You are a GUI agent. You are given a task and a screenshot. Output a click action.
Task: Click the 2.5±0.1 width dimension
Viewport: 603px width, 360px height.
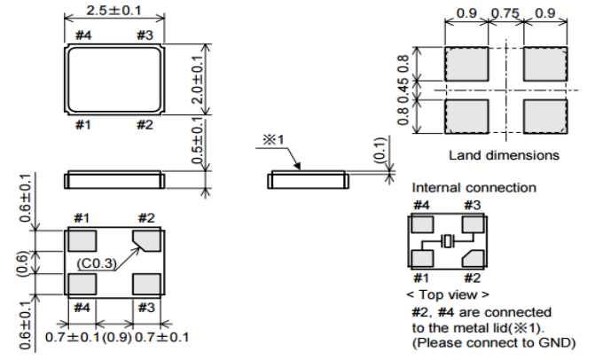(x=114, y=10)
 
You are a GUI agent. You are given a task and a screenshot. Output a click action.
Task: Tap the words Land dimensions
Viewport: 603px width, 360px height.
(x=503, y=154)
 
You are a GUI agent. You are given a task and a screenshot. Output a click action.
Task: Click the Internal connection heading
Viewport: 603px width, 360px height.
(x=474, y=187)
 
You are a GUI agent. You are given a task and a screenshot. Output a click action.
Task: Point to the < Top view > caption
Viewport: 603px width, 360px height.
(x=449, y=294)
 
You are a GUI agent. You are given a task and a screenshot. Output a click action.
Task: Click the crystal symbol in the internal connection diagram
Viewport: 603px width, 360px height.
(x=449, y=240)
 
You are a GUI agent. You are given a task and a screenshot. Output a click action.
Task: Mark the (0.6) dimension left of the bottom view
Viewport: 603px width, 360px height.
(x=25, y=262)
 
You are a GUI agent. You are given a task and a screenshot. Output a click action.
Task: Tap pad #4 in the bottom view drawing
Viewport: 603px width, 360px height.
(x=82, y=285)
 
